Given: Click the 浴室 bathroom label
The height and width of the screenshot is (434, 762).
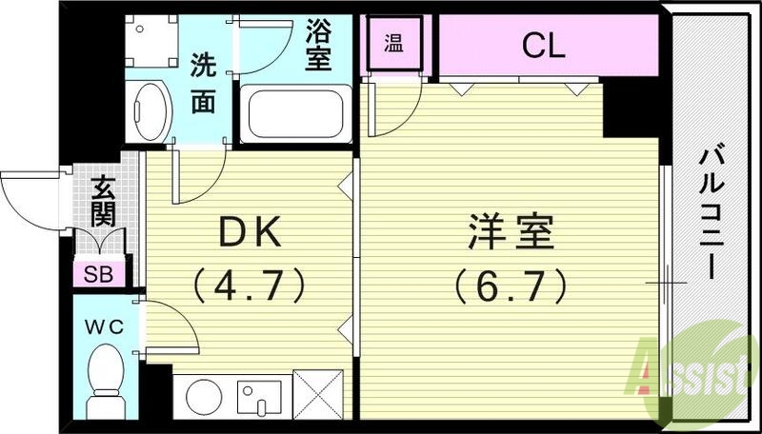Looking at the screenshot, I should pyautogui.click(x=317, y=45).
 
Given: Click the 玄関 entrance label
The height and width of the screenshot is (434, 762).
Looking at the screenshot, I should pyautogui.click(x=102, y=201).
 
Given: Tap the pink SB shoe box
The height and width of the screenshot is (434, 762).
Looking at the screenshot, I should pyautogui.click(x=98, y=275).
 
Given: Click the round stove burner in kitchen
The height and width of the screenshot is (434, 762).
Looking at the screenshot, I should pyautogui.click(x=203, y=396).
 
